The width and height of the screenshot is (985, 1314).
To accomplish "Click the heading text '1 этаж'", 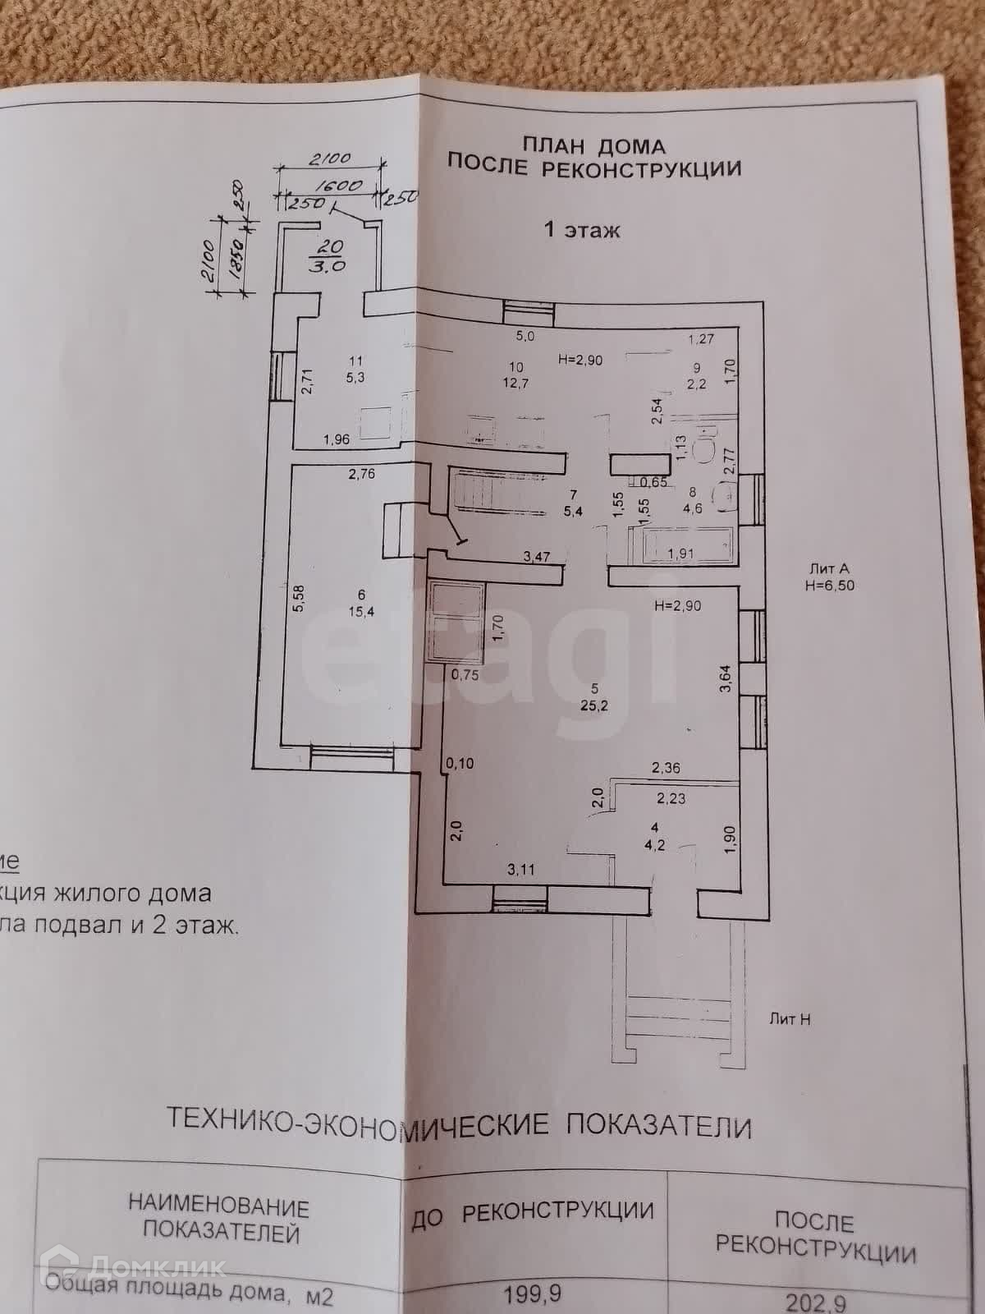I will tap(582, 230).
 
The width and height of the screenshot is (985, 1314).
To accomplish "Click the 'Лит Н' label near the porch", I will tap(790, 1019).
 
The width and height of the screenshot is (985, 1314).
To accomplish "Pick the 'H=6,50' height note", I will tap(832, 586).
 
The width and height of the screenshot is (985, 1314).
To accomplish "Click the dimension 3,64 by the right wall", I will tap(726, 678).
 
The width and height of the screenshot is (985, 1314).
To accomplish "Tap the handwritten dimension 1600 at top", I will tap(338, 186).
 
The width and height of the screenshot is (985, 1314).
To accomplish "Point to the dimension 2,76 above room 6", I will tap(361, 474).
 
